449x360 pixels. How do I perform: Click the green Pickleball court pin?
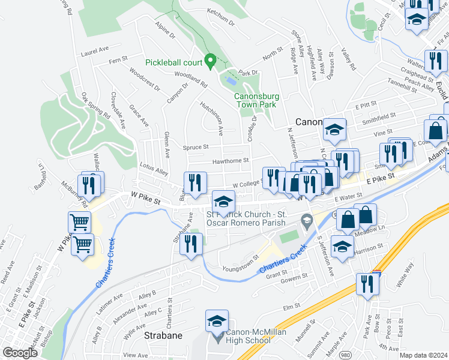click(210, 61)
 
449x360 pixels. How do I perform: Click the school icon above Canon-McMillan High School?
click(217, 322)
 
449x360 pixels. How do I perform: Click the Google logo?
click(19, 353)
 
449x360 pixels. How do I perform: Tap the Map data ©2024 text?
click(423, 355)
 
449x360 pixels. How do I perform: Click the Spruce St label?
click(196, 146)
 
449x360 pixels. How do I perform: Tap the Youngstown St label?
click(240, 262)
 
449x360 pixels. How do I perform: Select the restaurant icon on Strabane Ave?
click(191, 245)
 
